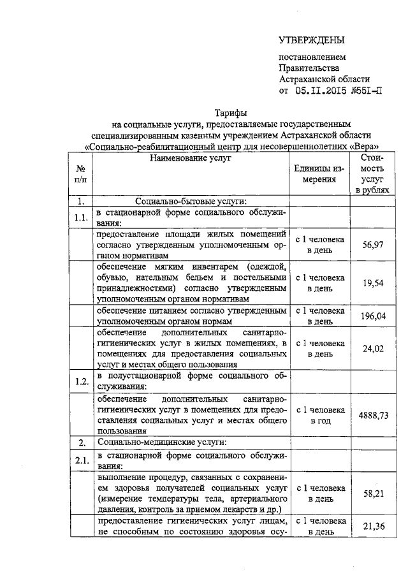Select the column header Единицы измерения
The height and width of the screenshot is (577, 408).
coord(319,173)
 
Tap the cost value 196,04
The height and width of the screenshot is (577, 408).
coord(372,316)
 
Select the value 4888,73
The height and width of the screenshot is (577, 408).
coord(372,414)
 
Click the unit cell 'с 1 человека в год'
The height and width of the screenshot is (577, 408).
coord(319,415)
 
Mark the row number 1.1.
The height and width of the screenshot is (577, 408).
coord(81,218)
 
